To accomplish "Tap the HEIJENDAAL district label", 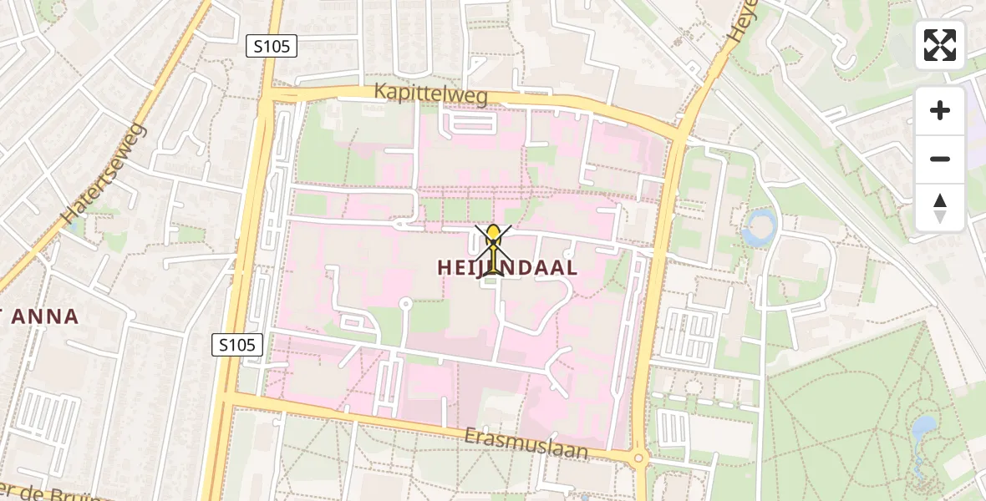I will pyautogui.click(x=507, y=268).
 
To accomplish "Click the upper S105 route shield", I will pyautogui.click(x=272, y=47).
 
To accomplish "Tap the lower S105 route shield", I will pyautogui.click(x=237, y=344).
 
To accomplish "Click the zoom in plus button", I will pyautogui.click(x=940, y=111).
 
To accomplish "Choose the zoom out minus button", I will pyautogui.click(x=940, y=159).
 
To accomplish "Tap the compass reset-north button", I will pyautogui.click(x=940, y=207).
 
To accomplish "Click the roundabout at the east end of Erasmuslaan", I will pyautogui.click(x=639, y=458).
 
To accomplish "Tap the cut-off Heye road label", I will pyautogui.click(x=740, y=21).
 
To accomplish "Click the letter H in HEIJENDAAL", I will pyautogui.click(x=446, y=268).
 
